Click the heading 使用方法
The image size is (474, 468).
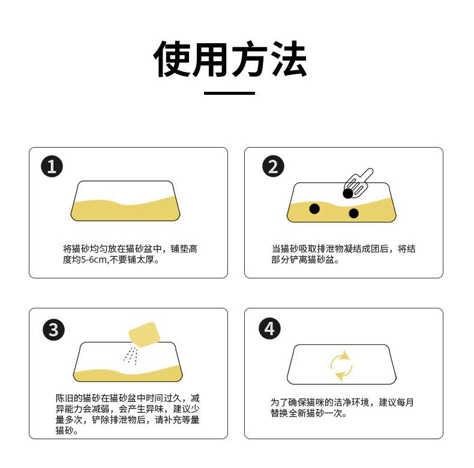click(230, 58)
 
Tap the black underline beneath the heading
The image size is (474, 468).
click(229, 93)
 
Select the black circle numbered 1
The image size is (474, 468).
click(52, 166)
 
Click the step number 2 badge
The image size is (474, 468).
click(273, 166)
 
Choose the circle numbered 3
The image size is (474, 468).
click(53, 329)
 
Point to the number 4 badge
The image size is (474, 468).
click(269, 329)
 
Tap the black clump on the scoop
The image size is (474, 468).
click(348, 193)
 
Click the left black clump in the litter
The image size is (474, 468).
click(314, 209)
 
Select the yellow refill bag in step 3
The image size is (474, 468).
click(144, 334)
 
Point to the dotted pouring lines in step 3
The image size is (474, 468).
click(131, 356)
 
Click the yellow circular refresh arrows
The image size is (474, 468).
click(341, 366)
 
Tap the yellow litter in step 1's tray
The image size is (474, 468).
click(125, 210)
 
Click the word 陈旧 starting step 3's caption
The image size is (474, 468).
click(64, 398)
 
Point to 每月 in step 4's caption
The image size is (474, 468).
click(405, 402)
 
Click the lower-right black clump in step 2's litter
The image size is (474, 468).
click(353, 213)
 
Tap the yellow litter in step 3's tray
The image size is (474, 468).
click(128, 375)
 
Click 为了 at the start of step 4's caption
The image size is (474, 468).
click(279, 402)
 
